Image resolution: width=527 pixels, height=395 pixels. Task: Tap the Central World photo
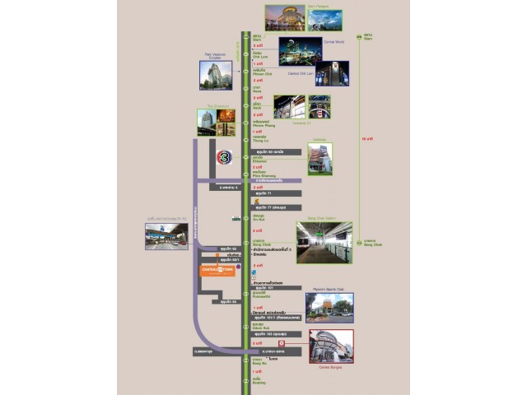(294, 51)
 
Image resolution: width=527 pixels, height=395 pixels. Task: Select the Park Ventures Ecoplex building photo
(216, 75)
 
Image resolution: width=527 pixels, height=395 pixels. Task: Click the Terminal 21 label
(301, 123)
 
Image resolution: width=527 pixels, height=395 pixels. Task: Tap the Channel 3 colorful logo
(224, 156)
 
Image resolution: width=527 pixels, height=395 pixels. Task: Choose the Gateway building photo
(319, 159)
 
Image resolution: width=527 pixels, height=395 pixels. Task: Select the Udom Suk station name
(258, 327)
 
